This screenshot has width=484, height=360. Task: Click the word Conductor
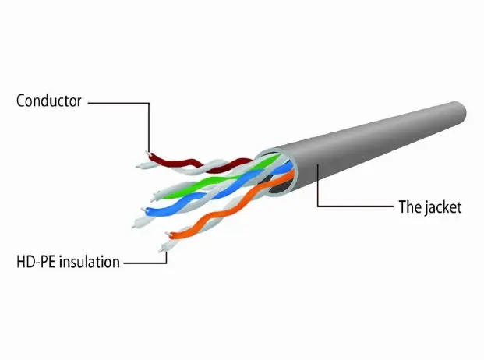[48, 101]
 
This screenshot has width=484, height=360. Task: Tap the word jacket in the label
[443, 207]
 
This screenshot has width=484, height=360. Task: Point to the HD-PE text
[33, 262]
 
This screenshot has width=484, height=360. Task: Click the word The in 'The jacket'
[409, 207]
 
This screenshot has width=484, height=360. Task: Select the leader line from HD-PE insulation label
[148, 262]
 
